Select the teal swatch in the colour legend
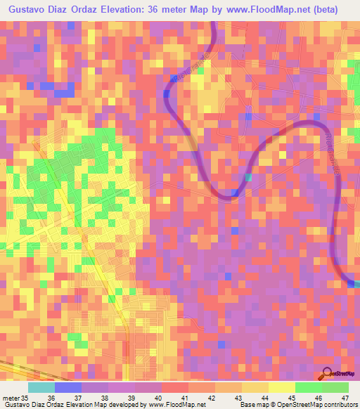pyautogui.click(x=41, y=387)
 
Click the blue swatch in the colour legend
pyautogui.click(x=68, y=387)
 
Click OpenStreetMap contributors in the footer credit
pyautogui.click(x=321, y=405)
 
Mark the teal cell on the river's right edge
pyautogui.click(x=356, y=283)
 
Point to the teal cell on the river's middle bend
pyautogui.click(x=248, y=178)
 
